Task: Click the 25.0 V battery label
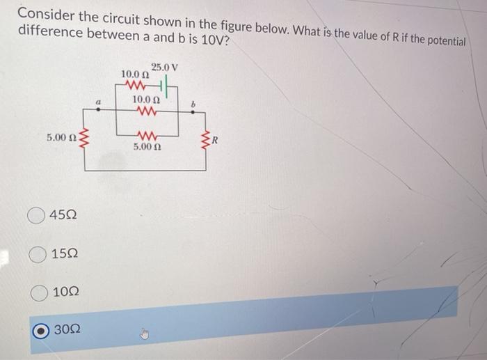[x=165, y=68]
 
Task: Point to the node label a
[x=99, y=103]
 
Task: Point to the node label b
[x=195, y=104]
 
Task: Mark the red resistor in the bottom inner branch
[x=147, y=136]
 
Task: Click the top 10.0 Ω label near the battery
[x=135, y=75]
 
